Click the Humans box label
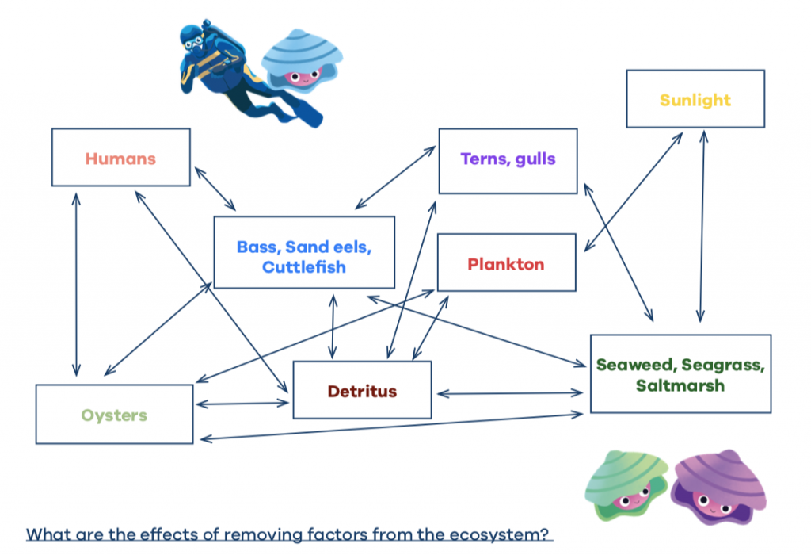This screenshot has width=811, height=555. (x=120, y=159)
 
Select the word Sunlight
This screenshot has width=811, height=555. (x=695, y=100)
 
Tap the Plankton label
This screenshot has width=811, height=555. (x=506, y=264)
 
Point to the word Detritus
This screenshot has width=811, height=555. (x=362, y=391)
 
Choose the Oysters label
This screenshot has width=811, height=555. (x=114, y=415)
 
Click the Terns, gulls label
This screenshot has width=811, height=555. (x=508, y=159)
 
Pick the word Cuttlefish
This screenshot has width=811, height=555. (x=304, y=267)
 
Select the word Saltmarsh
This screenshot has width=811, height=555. (x=680, y=385)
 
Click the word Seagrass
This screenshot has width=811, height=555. (x=722, y=365)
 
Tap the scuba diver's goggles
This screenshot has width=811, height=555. (x=194, y=43)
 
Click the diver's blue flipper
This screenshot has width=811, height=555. (x=310, y=115)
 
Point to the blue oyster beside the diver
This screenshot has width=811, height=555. (x=302, y=61)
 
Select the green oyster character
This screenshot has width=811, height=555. (x=626, y=485)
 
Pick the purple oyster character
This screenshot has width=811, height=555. (x=718, y=487)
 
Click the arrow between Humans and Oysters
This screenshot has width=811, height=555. (x=76, y=285)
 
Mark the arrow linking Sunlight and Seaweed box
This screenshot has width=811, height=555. (x=702, y=226)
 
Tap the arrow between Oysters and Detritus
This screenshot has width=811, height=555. (x=242, y=404)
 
